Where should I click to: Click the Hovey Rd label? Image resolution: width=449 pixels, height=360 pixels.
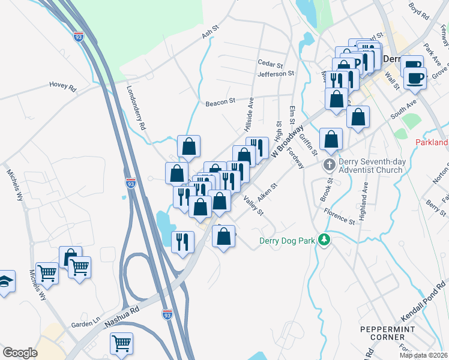(63, 88)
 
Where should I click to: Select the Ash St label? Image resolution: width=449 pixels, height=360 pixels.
(208, 36)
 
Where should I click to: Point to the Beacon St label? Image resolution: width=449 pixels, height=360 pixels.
(220, 103)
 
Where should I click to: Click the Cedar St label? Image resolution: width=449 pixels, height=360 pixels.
(270, 64)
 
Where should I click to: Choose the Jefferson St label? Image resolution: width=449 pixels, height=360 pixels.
(276, 74)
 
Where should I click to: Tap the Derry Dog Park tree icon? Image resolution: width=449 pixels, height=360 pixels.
(324, 240)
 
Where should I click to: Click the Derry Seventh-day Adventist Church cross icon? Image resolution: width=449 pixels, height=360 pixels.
(329, 164)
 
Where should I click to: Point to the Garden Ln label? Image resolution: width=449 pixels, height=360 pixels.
(84, 324)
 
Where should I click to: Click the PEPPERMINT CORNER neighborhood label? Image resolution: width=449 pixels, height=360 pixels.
(382, 334)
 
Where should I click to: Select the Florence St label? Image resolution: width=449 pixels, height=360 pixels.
(340, 216)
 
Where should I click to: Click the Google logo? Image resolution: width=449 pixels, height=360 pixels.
(20, 352)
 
